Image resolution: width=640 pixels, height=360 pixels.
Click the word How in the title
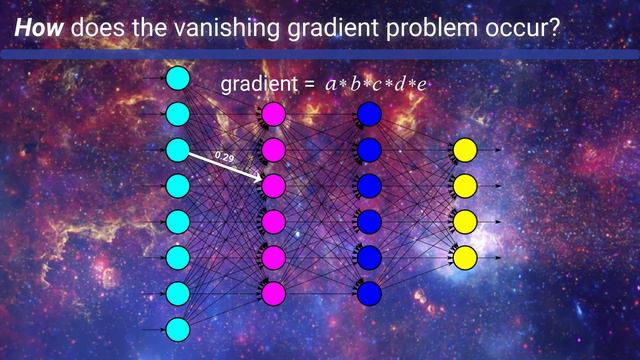pyautogui.click(x=37, y=29)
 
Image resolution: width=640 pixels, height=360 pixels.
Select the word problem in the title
pyautogui.click(x=419, y=29)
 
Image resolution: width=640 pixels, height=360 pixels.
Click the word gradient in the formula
pyautogui.click(x=258, y=85)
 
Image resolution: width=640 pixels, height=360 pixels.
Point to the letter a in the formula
pyautogui.click(x=331, y=86)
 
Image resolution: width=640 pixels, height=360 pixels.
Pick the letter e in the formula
pyautogui.click(x=423, y=86)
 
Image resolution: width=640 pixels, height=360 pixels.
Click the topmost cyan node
pyautogui.click(x=177, y=78)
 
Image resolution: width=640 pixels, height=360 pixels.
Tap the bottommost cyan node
pyautogui.click(x=177, y=329)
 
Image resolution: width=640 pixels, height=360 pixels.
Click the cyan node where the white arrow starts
pyautogui.click(x=177, y=150)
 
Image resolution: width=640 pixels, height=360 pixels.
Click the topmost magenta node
pyautogui.click(x=273, y=114)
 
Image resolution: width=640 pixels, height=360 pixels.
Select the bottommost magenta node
pyautogui.click(x=273, y=293)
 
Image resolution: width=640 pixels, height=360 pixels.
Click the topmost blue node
pyautogui.click(x=369, y=114)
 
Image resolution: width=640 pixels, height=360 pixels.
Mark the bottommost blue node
pyautogui.click(x=369, y=293)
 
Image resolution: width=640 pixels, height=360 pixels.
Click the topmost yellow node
pyautogui.click(x=464, y=150)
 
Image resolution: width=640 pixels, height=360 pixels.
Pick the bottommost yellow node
pyautogui.click(x=464, y=257)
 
